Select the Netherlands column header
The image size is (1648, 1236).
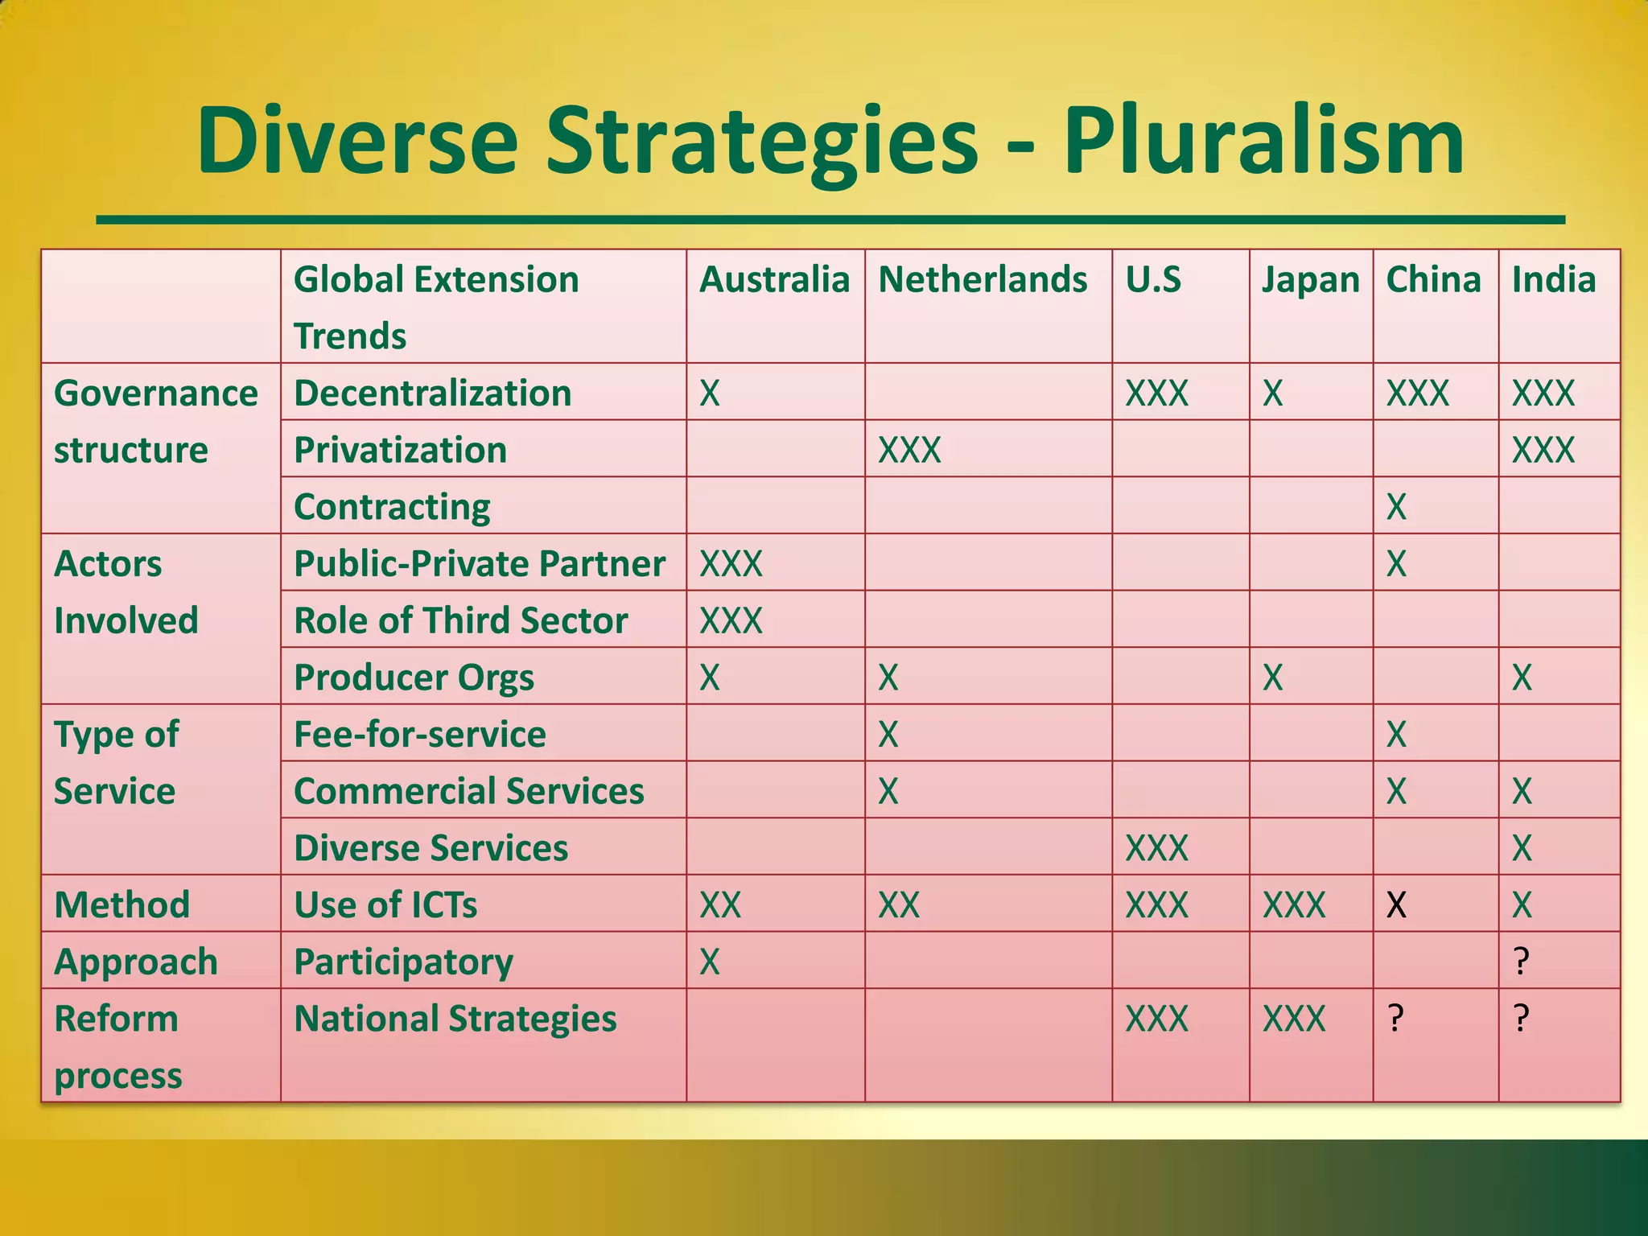click(x=983, y=280)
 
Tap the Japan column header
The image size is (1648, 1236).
click(x=1310, y=280)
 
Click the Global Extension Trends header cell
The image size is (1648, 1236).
click(x=436, y=307)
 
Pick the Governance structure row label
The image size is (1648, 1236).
click(x=155, y=421)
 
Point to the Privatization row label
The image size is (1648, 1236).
click(x=400, y=450)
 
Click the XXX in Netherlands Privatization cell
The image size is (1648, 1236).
click(x=909, y=450)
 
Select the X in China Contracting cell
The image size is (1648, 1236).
click(x=1396, y=507)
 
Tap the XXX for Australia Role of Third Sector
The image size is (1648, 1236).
click(x=731, y=620)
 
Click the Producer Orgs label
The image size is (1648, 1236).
click(x=414, y=678)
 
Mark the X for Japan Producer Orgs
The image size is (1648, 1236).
click(x=1272, y=678)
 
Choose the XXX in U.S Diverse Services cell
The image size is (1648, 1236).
click(x=1156, y=848)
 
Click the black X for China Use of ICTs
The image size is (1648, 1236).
click(x=1396, y=905)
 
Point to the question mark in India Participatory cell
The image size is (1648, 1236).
click(x=1521, y=962)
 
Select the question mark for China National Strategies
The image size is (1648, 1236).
click(x=1396, y=1019)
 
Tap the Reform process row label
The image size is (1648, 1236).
click(x=117, y=1046)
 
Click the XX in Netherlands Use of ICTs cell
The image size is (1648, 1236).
click(x=899, y=905)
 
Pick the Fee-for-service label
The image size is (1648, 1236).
click(x=419, y=735)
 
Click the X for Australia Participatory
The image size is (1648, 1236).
click(x=709, y=962)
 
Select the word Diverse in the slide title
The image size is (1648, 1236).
click(x=357, y=142)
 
